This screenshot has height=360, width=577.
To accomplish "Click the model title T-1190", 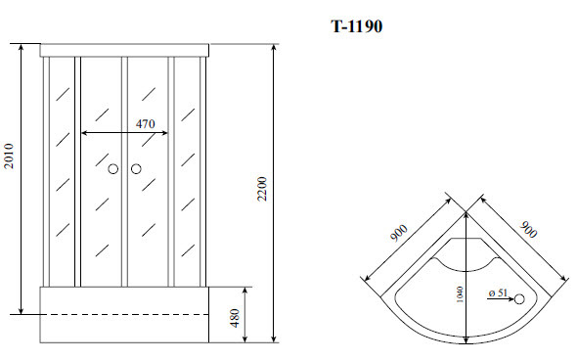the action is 357,26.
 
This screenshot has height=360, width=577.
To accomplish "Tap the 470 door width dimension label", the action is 146,124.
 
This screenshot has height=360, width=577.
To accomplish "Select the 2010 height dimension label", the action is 9,157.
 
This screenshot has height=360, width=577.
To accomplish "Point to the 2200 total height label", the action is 262,189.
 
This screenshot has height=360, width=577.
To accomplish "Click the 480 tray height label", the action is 234,318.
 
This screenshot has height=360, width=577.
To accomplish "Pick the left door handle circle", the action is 113,169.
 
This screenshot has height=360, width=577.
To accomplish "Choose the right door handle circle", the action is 136,169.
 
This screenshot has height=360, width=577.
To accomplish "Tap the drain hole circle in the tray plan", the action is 519,299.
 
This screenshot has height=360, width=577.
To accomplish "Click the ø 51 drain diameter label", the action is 498,293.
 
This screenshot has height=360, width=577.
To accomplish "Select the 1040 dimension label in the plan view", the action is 460,294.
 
